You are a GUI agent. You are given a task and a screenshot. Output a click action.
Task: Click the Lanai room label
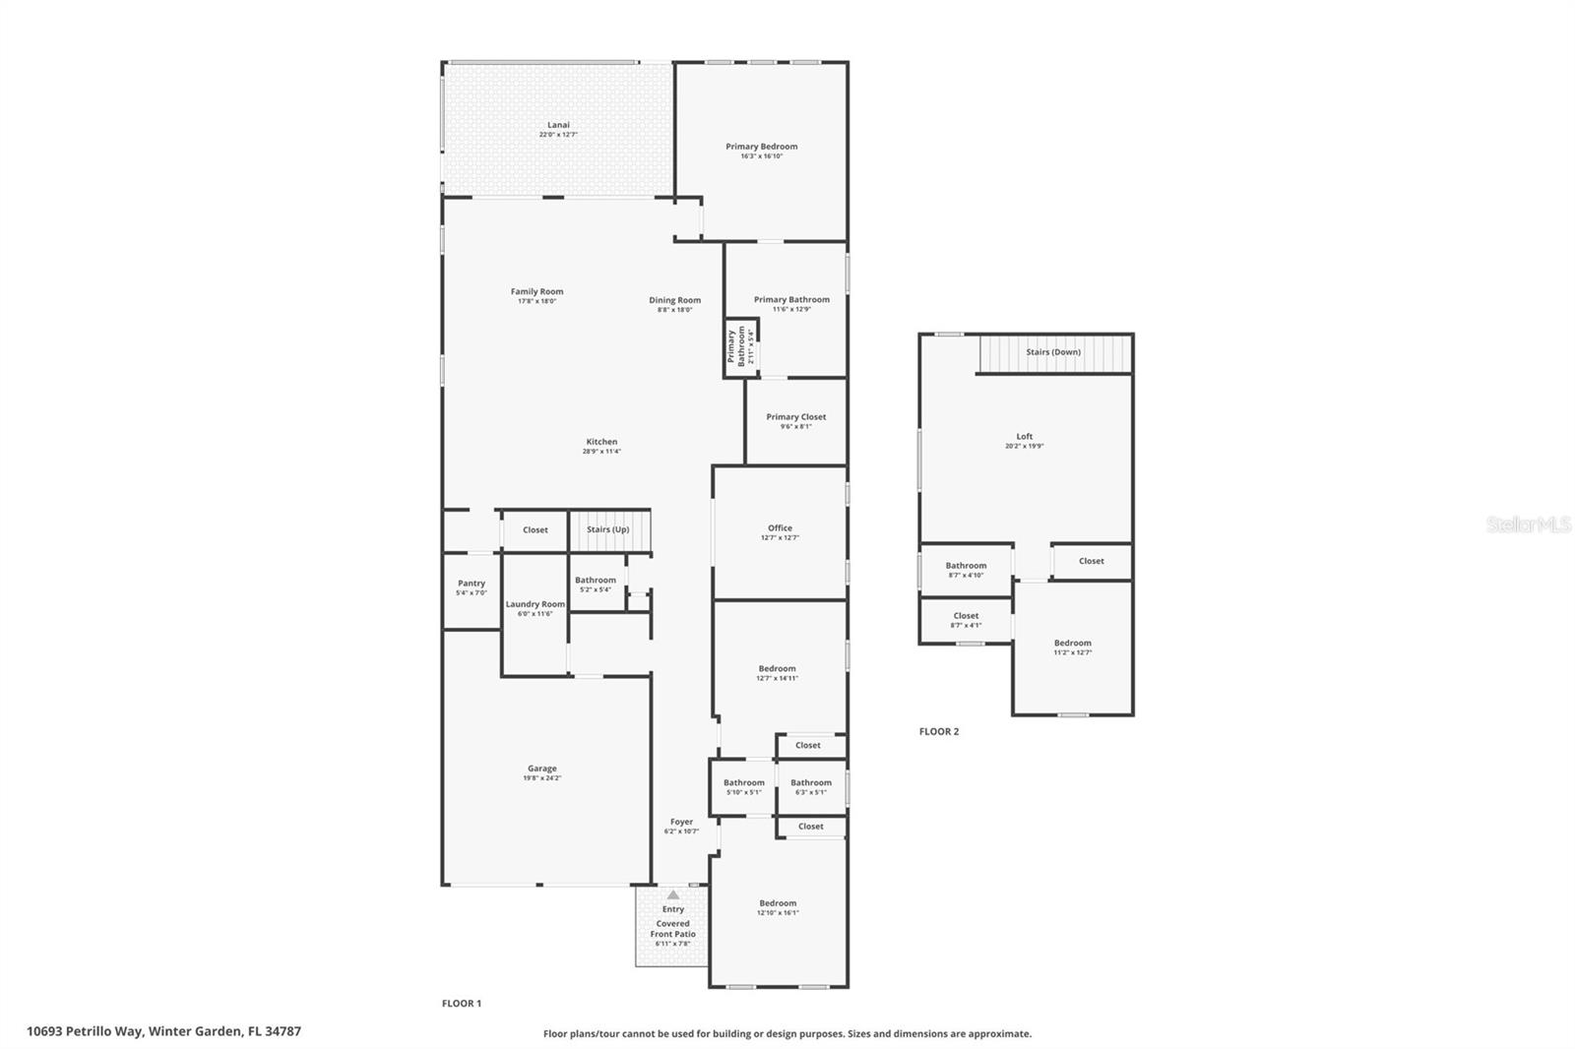pos(558,126)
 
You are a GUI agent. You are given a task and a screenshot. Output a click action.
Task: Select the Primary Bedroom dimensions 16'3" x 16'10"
pos(762,156)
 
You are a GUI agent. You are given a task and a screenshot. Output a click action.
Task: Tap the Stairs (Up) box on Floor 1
pos(608,529)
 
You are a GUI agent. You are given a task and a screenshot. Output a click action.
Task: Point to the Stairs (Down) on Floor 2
pos(1053,352)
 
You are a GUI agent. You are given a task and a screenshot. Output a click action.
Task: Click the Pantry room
pos(472,587)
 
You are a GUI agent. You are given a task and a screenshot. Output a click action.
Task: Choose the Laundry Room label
pos(535,604)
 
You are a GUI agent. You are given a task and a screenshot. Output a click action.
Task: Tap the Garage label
pos(542,769)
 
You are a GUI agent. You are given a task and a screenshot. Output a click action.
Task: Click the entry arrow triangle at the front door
pos(672,895)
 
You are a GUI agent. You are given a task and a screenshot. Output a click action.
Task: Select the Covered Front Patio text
pos(673,929)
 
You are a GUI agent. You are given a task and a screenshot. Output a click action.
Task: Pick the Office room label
pos(780,528)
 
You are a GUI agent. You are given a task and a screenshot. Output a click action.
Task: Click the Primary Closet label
pos(796,417)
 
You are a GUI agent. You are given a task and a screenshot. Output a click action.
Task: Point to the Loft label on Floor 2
pos(1025,437)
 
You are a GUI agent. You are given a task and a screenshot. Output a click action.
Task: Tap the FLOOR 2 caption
pos(939,732)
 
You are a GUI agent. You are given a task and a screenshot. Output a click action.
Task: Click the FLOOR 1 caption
pos(462,1004)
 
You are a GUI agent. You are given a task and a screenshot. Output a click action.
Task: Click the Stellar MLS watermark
pos(1528,525)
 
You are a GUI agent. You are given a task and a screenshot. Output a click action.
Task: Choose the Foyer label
pos(681,822)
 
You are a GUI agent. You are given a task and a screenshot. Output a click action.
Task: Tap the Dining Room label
pos(675,300)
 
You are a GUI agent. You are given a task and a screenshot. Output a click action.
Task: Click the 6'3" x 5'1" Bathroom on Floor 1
pos(811,787)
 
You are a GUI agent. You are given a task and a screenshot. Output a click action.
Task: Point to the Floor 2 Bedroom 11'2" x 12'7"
pos(1073,648)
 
